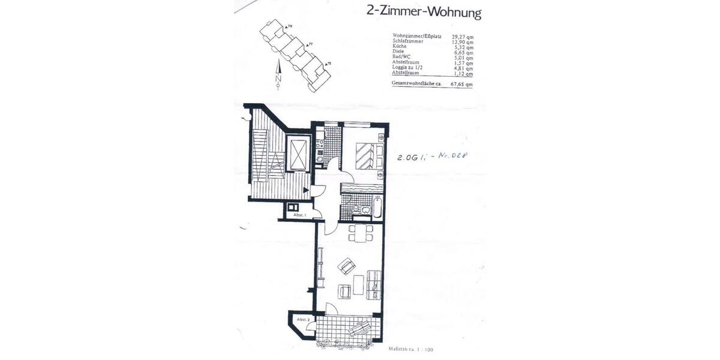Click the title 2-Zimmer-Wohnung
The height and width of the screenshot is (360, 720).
(x=424, y=12)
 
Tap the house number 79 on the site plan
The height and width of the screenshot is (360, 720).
(x=289, y=27)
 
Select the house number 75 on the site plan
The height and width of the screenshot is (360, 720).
(x=329, y=63)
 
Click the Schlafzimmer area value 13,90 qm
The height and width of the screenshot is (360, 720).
(x=462, y=41)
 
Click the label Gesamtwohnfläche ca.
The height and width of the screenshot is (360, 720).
(x=417, y=84)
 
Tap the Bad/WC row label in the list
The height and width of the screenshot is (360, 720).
(x=403, y=58)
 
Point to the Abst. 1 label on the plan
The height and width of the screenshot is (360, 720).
(x=299, y=215)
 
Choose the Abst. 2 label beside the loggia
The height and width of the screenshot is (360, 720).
(x=303, y=320)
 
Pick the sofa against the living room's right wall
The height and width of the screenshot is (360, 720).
(x=374, y=284)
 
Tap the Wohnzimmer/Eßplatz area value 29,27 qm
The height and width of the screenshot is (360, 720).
(x=462, y=36)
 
